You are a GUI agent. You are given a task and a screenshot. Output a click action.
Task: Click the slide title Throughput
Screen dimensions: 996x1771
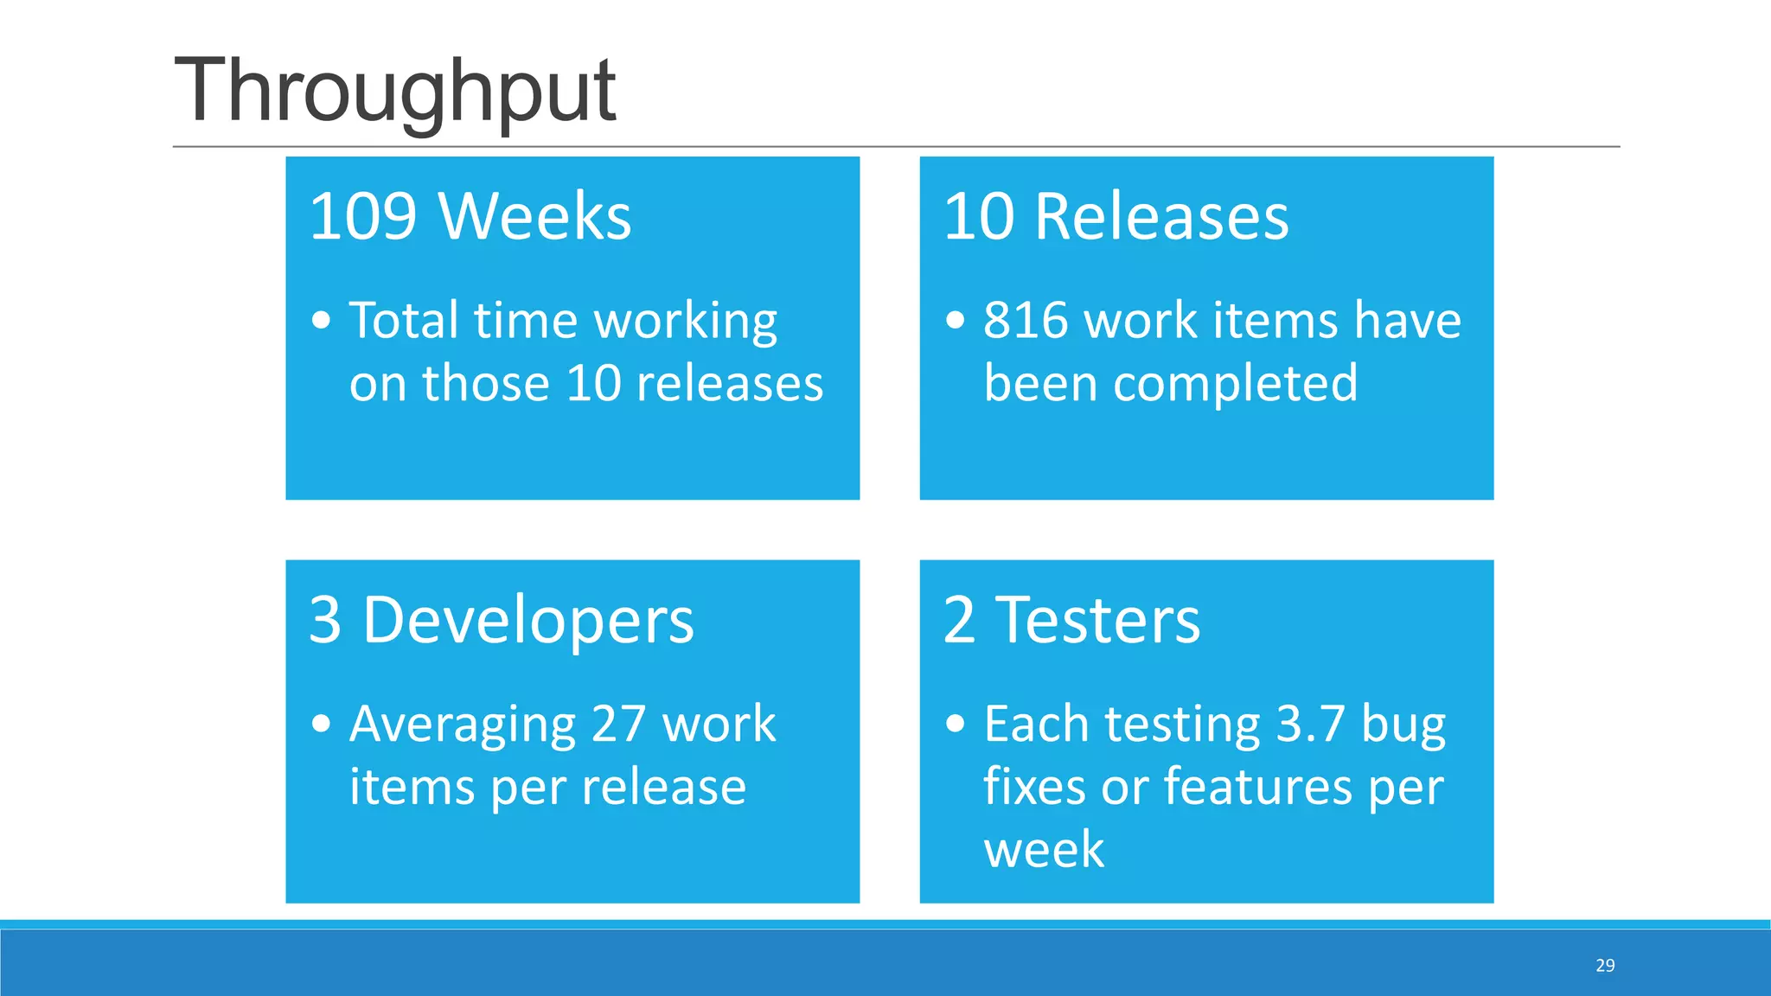coord(394,91)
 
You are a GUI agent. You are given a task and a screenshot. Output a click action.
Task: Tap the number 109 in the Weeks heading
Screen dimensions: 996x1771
coord(363,216)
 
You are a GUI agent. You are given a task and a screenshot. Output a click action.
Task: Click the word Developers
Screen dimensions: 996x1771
coord(527,620)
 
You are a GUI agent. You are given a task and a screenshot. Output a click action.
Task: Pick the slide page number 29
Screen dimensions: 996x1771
coord(1605,966)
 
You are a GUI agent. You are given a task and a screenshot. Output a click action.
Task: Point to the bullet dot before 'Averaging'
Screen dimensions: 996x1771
coord(322,724)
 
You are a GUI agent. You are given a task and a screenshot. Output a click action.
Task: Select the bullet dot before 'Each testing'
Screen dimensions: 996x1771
coord(956,724)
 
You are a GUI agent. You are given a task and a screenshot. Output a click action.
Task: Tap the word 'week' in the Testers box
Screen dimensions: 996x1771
coord(1044,849)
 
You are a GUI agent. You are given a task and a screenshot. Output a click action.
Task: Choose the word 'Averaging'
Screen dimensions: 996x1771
coord(463,725)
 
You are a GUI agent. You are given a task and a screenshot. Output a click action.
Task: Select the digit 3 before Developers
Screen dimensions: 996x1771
coord(325,620)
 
